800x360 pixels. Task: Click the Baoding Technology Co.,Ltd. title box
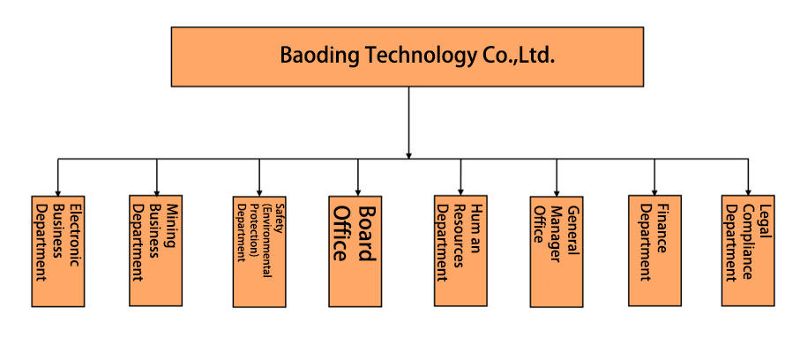click(x=407, y=56)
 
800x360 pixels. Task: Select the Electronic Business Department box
click(x=57, y=238)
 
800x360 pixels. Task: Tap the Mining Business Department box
click(x=156, y=238)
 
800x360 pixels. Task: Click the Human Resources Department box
click(x=460, y=238)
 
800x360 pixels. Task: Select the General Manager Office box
click(x=556, y=251)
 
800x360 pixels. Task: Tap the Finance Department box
click(x=654, y=238)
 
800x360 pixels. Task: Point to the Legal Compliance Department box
click(x=748, y=237)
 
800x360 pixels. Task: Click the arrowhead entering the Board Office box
click(x=357, y=191)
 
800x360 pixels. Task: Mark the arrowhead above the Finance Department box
click(x=654, y=190)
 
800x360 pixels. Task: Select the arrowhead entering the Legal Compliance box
click(x=748, y=190)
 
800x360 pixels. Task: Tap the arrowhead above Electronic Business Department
click(x=57, y=191)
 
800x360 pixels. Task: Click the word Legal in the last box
click(x=766, y=215)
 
